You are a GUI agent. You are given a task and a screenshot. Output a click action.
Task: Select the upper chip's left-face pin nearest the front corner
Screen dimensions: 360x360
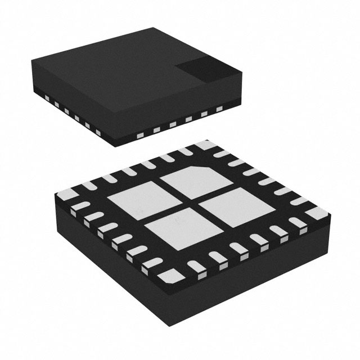click(98, 133)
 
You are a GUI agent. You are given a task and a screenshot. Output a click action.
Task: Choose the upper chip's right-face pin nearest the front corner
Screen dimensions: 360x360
click(137, 135)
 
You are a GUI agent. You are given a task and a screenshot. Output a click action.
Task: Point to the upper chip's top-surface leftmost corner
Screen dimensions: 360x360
click(31, 57)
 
